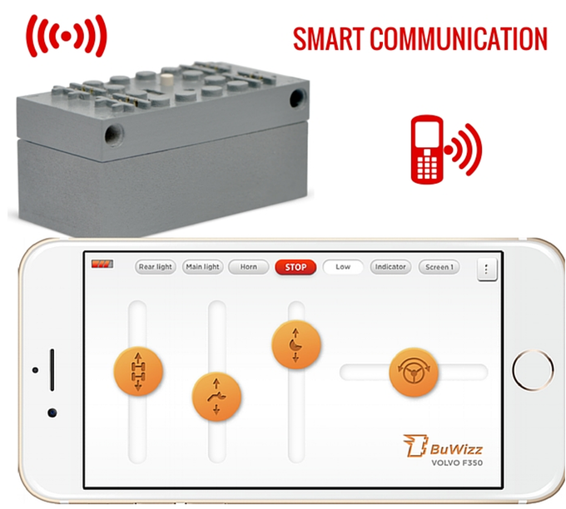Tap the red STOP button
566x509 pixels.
[295, 267]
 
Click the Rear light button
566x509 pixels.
[156, 267]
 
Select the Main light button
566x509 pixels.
[202, 267]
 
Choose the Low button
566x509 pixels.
[343, 267]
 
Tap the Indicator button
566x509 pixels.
[390, 267]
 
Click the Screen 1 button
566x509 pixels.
[439, 267]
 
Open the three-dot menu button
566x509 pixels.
[487, 269]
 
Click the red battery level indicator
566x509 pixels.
[102, 264]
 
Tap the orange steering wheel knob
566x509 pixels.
[414, 373]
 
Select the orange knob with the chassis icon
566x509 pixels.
[138, 371]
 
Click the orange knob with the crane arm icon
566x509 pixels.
[216, 397]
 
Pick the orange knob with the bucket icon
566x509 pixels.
[296, 344]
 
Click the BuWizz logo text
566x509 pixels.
[456, 449]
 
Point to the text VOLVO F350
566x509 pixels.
[457, 462]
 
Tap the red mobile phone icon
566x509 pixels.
[427, 150]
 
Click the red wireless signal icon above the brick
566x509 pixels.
[67, 36]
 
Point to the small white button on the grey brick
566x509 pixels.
[166, 79]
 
